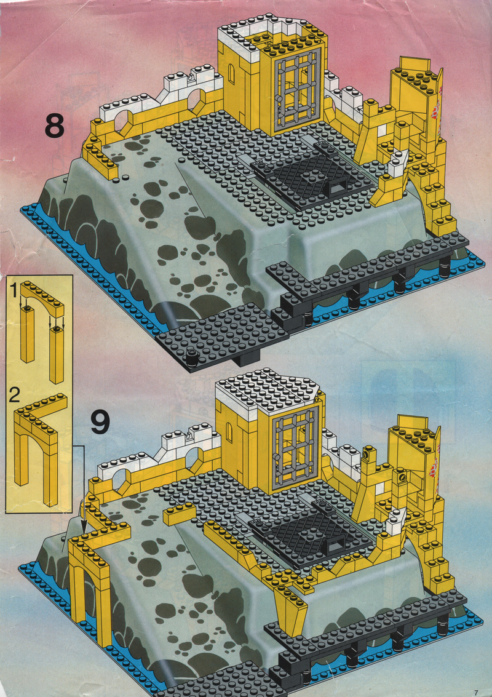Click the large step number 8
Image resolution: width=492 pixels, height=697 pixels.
click(x=55, y=127)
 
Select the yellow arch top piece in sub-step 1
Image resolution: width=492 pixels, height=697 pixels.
click(x=41, y=298)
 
